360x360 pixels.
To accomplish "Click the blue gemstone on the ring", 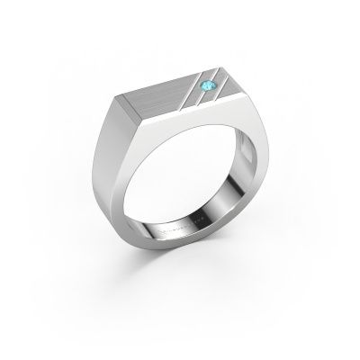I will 208,85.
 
